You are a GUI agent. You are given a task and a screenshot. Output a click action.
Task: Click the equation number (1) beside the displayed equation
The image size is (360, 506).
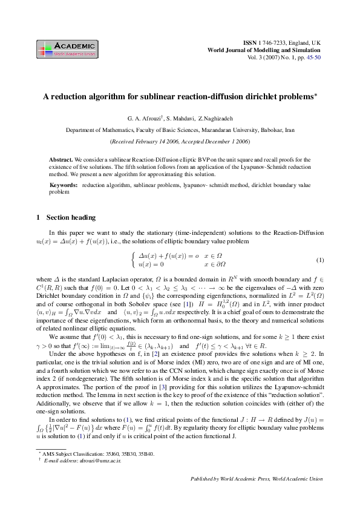coord(320,260)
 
